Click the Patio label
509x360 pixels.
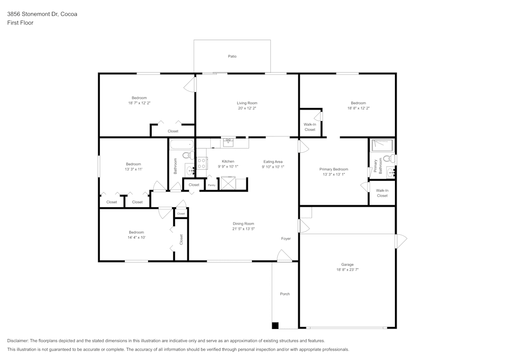tap(232, 57)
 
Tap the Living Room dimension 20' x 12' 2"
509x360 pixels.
tap(247, 108)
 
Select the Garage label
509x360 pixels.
tap(347, 265)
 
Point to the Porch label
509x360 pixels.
tap(285, 294)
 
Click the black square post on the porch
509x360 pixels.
tap(275, 325)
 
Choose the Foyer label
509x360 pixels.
tap(286, 239)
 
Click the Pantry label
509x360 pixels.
tap(212, 185)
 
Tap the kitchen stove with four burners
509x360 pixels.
tap(201, 163)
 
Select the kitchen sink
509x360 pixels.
tap(229, 143)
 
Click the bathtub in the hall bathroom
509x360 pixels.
tap(182, 145)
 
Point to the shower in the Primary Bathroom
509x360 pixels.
tap(382, 145)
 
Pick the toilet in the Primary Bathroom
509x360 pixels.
tap(389, 159)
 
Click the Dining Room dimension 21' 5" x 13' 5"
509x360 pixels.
tap(243, 229)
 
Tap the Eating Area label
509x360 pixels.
tap(273, 161)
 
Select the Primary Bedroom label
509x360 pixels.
tap(334, 169)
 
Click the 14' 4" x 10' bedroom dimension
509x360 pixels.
tap(136, 237)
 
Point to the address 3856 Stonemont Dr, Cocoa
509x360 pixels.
tap(42, 14)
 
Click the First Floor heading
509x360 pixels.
tap(20, 23)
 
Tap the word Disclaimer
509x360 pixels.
tap(17, 341)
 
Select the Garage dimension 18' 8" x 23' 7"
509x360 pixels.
tap(347, 270)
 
